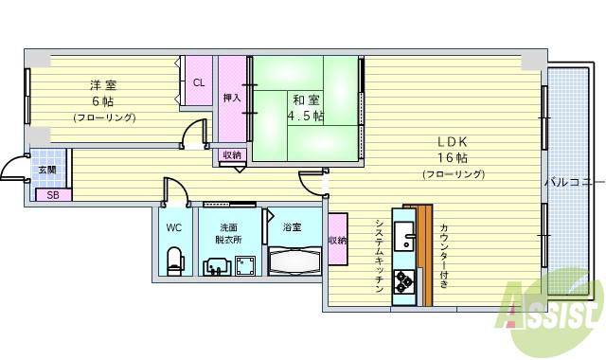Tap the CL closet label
click(199, 82)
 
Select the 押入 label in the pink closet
click(232, 98)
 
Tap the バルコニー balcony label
click(572, 180)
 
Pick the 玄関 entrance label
click(47, 170)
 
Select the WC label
click(174, 228)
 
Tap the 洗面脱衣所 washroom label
click(229, 234)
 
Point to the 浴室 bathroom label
click(292, 227)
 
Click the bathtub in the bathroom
click(295, 261)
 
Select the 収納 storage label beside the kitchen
click(337, 242)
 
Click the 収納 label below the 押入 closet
click(232, 154)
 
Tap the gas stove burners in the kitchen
click(404, 281)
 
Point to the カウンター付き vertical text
click(442, 256)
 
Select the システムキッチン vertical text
click(378, 258)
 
